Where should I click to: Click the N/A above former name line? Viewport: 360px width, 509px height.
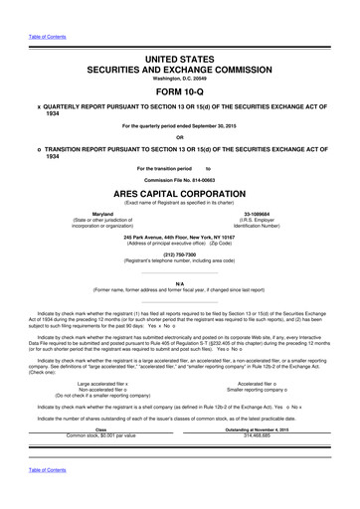pos(179,281)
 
